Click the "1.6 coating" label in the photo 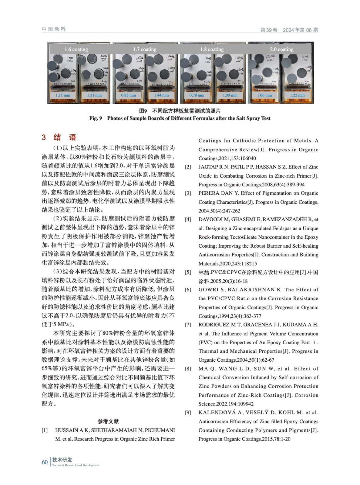[76, 49]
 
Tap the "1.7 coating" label [145, 49]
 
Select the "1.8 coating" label [212, 49]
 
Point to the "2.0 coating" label [281, 49]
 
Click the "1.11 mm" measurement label [63, 95]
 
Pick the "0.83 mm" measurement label [128, 95]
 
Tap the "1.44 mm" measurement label [161, 95]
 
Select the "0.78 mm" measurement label [197, 95]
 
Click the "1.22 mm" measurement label [297, 95]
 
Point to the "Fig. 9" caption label [96, 118]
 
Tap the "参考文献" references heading [108, 421]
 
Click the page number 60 [45, 462]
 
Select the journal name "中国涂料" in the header [54, 29]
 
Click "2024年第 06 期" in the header [300, 30]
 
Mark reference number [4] [188, 219]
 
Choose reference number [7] [188, 325]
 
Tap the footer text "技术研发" [62, 460]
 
